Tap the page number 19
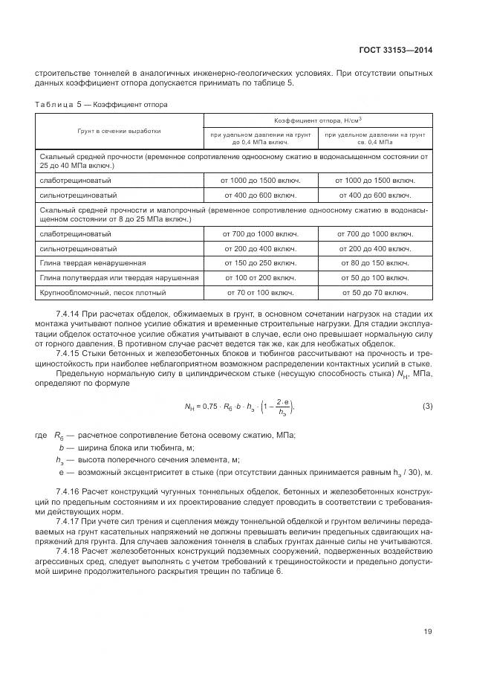pos(428,632)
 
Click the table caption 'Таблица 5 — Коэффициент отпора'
pos(101,104)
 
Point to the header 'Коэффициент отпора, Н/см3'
pos(318,119)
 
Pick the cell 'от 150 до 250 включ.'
pos(260,263)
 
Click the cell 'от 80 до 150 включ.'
pos(375,263)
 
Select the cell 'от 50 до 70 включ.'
pos(375,292)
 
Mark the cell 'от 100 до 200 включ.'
pos(260,277)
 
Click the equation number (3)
pos(427,406)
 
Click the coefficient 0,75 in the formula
pos(212,407)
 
